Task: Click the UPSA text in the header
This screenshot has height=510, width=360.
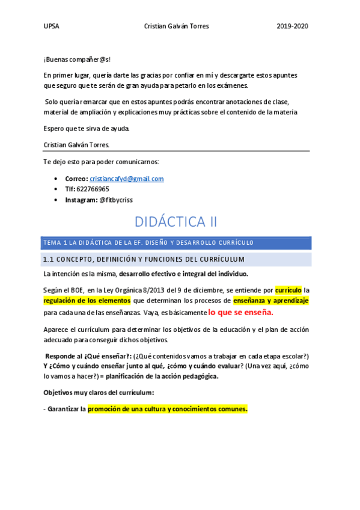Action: tap(51, 27)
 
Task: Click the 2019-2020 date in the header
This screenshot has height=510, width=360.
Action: tap(292, 27)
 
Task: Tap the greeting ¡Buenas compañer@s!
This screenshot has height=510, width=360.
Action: tap(77, 60)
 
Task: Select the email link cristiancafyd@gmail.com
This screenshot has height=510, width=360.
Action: tap(126, 179)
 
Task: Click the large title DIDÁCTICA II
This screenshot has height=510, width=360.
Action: tap(176, 222)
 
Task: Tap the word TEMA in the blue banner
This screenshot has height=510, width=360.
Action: tap(51, 243)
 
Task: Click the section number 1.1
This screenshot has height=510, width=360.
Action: tap(49, 260)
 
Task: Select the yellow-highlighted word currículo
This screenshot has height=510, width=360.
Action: tap(288, 289)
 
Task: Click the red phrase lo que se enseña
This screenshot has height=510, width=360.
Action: tap(240, 313)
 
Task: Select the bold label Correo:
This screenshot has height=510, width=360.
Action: tap(76, 179)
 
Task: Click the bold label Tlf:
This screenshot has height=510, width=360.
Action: tap(70, 189)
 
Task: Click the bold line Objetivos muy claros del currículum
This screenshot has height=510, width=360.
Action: tap(99, 393)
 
